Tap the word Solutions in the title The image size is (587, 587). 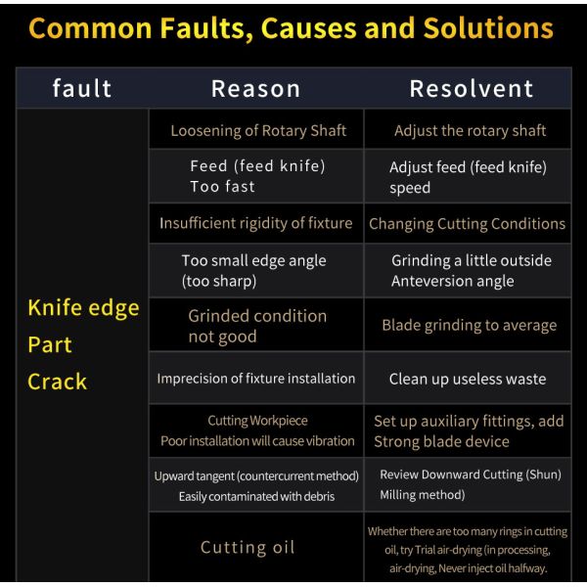tap(488, 28)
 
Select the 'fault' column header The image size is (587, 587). tap(82, 88)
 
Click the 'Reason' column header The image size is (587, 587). tap(255, 89)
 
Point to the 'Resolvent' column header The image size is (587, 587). tap(472, 89)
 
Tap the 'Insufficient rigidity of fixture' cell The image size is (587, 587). tap(256, 223)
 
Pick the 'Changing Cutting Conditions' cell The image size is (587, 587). tap(468, 224)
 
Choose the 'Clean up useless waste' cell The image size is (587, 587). tap(468, 379)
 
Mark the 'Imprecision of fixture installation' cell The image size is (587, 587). tap(256, 379)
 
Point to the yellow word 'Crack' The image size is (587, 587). tap(58, 382)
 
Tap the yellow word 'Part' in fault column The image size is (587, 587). tap(50, 344)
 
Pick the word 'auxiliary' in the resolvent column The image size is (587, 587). tap(450, 422)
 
